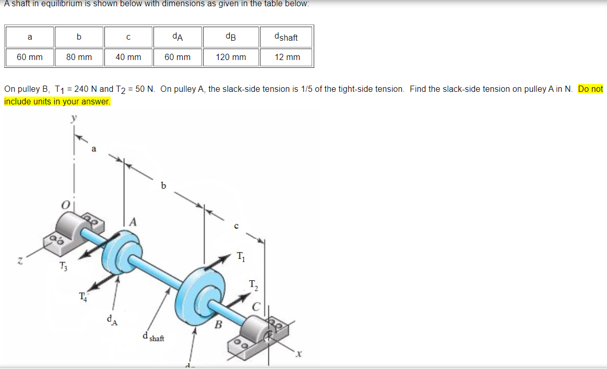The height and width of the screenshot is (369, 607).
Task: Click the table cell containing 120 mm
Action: coord(231,57)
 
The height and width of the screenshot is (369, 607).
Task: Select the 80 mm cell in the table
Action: coord(79,57)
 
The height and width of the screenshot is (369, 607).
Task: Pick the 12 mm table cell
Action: coord(287,57)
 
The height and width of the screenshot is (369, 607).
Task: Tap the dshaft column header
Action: coord(287,37)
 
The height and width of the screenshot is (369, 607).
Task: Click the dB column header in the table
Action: coord(231,37)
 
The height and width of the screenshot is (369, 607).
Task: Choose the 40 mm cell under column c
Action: coord(128,57)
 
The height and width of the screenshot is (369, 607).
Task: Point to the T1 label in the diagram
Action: coord(240,256)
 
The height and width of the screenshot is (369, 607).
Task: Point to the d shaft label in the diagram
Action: coord(153,337)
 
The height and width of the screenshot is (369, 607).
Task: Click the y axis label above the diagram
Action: coord(74,119)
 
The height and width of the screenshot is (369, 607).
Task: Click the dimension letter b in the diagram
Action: coord(164,185)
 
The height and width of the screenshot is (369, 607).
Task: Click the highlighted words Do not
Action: coord(590,89)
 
